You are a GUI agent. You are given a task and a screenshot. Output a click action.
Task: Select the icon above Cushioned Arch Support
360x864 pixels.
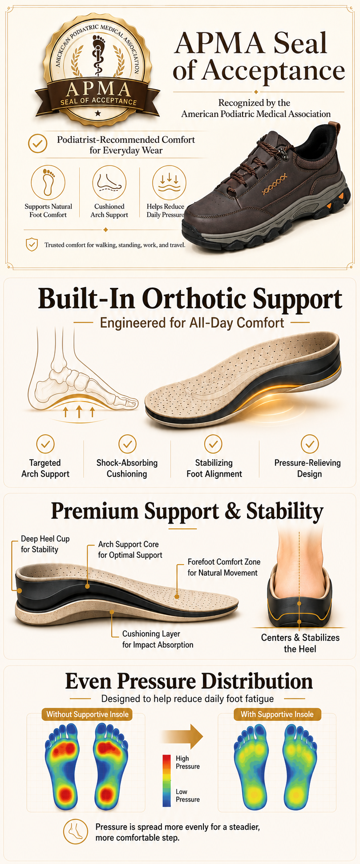[x=109, y=182]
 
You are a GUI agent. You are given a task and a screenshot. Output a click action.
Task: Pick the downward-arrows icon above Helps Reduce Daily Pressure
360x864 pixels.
[x=169, y=182]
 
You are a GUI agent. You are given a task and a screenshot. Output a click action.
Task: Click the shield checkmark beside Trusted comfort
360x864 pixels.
[x=32, y=245]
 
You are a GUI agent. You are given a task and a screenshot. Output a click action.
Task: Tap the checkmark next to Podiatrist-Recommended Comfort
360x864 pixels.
[x=38, y=144]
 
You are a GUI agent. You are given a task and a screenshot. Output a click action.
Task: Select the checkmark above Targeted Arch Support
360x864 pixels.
[x=45, y=444]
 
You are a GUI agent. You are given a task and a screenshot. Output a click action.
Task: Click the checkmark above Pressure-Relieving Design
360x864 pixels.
[x=310, y=444]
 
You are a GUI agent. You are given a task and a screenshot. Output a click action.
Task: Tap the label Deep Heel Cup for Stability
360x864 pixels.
[x=45, y=544]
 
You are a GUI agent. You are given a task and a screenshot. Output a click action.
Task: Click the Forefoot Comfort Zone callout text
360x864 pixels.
[x=224, y=567]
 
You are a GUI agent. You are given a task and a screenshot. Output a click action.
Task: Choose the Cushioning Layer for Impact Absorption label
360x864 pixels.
[x=158, y=639]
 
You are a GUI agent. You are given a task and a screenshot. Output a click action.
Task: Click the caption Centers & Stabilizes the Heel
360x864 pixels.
[x=300, y=643]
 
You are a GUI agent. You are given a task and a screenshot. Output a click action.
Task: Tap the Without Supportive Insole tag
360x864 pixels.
[x=88, y=715]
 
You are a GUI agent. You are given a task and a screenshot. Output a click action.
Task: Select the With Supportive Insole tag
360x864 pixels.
[x=277, y=715]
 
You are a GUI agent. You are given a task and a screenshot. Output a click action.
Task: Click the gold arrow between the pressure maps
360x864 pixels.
[x=182, y=736]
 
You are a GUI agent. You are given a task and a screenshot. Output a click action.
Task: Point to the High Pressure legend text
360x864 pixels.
[x=188, y=762]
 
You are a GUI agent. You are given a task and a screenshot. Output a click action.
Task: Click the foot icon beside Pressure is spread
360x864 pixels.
[x=75, y=832]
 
